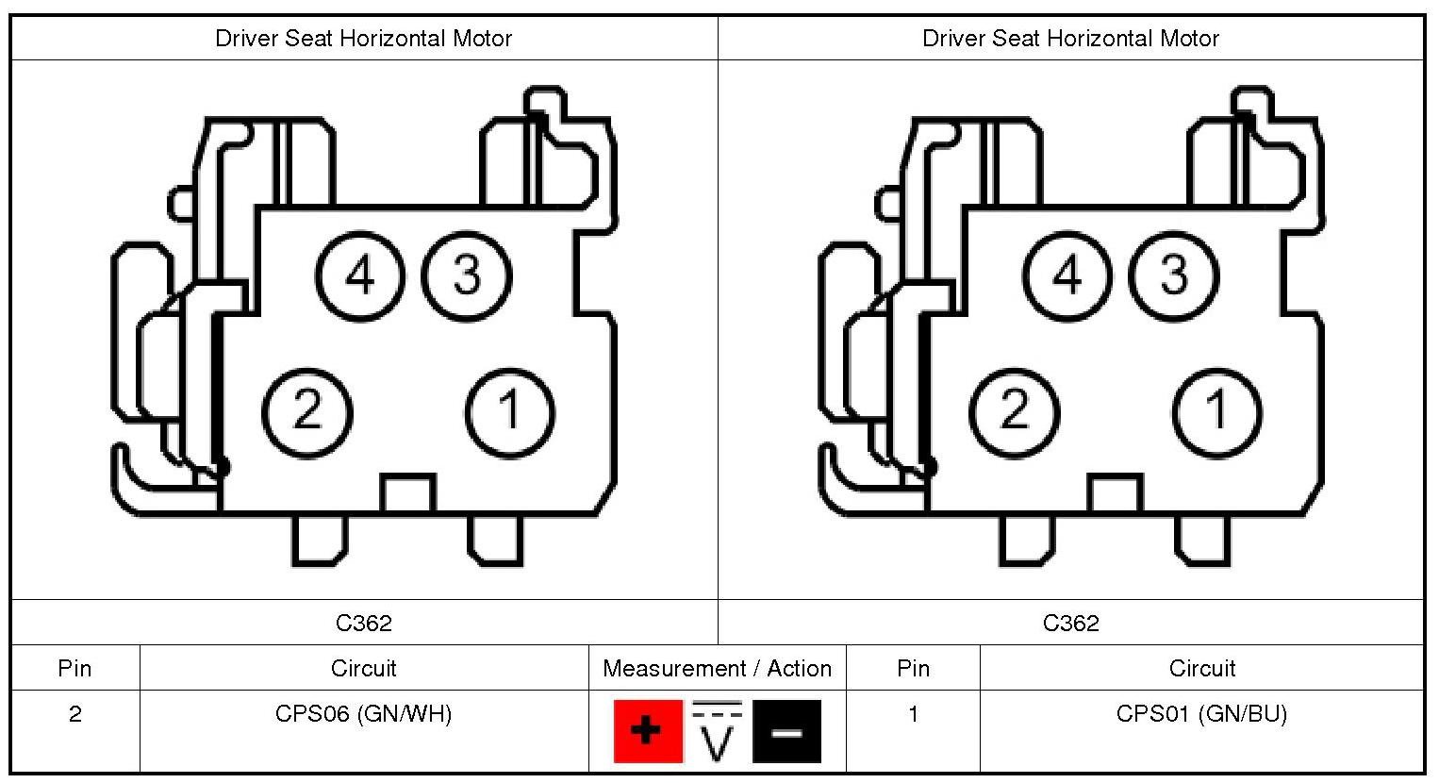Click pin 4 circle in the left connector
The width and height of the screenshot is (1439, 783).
pos(359,275)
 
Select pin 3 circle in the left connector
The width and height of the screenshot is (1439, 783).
pos(467,275)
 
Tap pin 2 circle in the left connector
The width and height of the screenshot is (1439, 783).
pos(306,411)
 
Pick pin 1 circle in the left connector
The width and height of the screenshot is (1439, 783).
pos(510,411)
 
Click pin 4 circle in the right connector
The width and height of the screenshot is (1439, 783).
pos(1067,275)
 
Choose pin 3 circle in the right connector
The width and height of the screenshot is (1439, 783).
pos(1174,275)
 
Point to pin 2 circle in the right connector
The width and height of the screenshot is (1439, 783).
pos(1014,411)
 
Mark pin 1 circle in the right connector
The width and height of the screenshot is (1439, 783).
pos(1217,411)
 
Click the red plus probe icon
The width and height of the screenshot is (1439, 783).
pos(647,730)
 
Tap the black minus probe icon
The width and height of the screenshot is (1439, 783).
pos(786,730)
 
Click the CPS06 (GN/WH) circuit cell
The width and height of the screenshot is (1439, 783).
pos(364,714)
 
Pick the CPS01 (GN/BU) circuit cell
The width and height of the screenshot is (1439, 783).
pos(1201,714)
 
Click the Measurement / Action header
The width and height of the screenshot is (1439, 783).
pos(717,668)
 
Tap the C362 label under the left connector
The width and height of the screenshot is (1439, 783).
pos(364,623)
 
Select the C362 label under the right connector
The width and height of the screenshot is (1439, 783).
pos(1070,623)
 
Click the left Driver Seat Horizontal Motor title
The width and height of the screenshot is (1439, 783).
pos(364,39)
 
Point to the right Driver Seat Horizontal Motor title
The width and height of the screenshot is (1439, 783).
pos(1070,39)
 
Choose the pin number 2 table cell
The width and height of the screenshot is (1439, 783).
pos(75,714)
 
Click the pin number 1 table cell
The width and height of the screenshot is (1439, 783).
pos(913,714)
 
